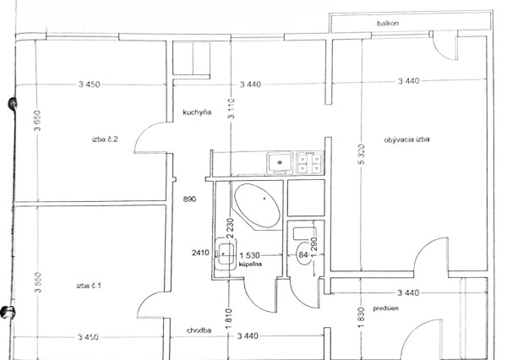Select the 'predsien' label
(373, 309)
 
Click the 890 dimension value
(189, 199)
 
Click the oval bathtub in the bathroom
(257, 205)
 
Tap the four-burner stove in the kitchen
(310, 161)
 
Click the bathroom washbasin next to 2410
(224, 252)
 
